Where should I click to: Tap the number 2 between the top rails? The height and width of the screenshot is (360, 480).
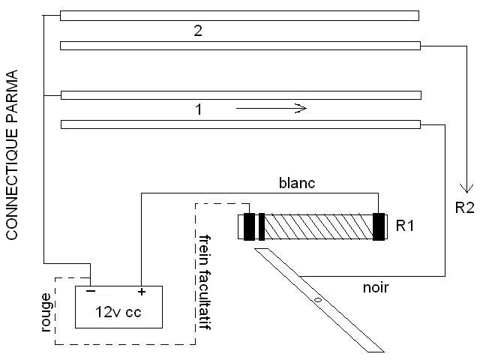pyautogui.click(x=198, y=31)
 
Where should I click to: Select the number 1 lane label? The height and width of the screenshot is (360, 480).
pyautogui.click(x=198, y=109)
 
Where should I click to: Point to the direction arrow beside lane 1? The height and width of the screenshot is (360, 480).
pyautogui.click(x=271, y=109)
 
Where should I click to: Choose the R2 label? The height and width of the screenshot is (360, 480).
pyautogui.click(x=465, y=207)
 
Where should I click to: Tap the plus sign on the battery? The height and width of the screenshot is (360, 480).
pyautogui.click(x=140, y=292)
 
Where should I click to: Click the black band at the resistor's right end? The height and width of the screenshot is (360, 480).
pyautogui.click(x=379, y=227)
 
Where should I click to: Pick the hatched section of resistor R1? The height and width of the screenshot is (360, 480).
pyautogui.click(x=319, y=227)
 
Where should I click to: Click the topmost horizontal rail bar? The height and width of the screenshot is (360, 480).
pyautogui.click(x=239, y=15)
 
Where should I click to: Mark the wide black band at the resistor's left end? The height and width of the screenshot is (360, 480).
pyautogui.click(x=250, y=227)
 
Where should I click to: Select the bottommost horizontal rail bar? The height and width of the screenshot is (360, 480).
pyautogui.click(x=239, y=124)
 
